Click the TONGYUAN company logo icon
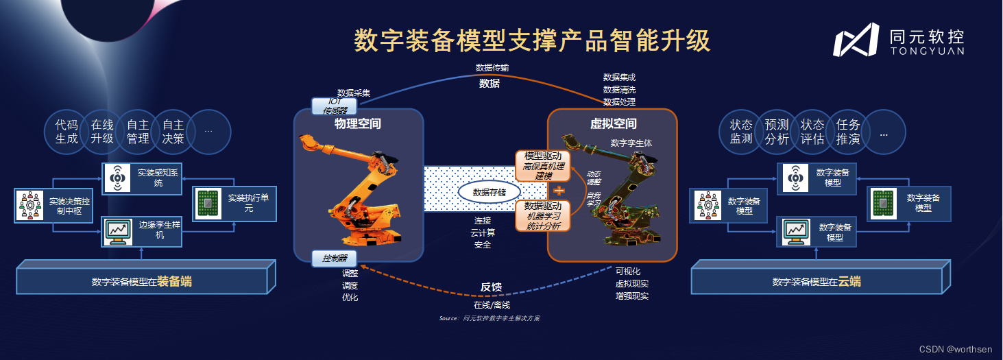click(856, 40)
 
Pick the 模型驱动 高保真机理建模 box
click(542, 166)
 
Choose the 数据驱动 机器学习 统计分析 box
click(542, 215)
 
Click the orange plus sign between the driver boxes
click(559, 191)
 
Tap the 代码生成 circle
click(67, 132)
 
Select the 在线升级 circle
click(102, 132)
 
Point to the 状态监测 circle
click(741, 132)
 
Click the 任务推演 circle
click(848, 132)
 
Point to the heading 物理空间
click(357, 124)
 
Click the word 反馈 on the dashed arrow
click(492, 287)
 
